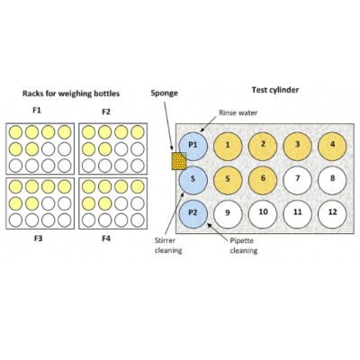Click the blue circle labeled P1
click(193, 146)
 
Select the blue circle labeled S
click(193, 180)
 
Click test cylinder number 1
click(228, 146)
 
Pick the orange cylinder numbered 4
click(332, 146)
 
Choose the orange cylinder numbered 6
click(263, 180)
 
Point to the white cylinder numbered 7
click(298, 180)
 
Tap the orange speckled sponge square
click(179, 161)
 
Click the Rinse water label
click(238, 113)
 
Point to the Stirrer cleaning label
click(168, 246)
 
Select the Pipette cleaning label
click(244, 246)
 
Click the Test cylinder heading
click(275, 90)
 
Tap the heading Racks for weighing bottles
click(71, 94)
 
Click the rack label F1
click(37, 111)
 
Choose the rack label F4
click(106, 238)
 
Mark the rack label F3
click(38, 238)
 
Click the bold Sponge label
click(164, 94)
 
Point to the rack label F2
click(106, 112)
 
